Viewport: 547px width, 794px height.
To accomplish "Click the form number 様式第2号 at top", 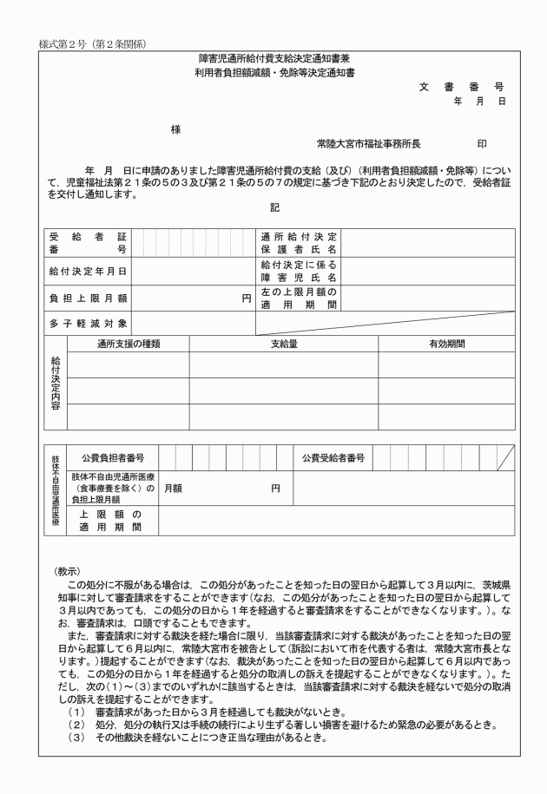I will point(65,43).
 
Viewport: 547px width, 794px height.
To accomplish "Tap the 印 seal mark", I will point(482,143).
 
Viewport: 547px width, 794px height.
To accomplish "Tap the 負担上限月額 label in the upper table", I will point(88,299).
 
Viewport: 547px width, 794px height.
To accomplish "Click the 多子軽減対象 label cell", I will point(88,324).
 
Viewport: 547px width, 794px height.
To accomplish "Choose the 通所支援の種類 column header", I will point(129,344).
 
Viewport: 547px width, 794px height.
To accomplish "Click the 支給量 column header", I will point(284,344).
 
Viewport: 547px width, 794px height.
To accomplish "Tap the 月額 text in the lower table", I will point(173,489).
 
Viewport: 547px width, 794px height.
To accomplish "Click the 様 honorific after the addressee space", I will point(176,129).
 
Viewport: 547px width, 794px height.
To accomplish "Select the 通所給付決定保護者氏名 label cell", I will point(299,242).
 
